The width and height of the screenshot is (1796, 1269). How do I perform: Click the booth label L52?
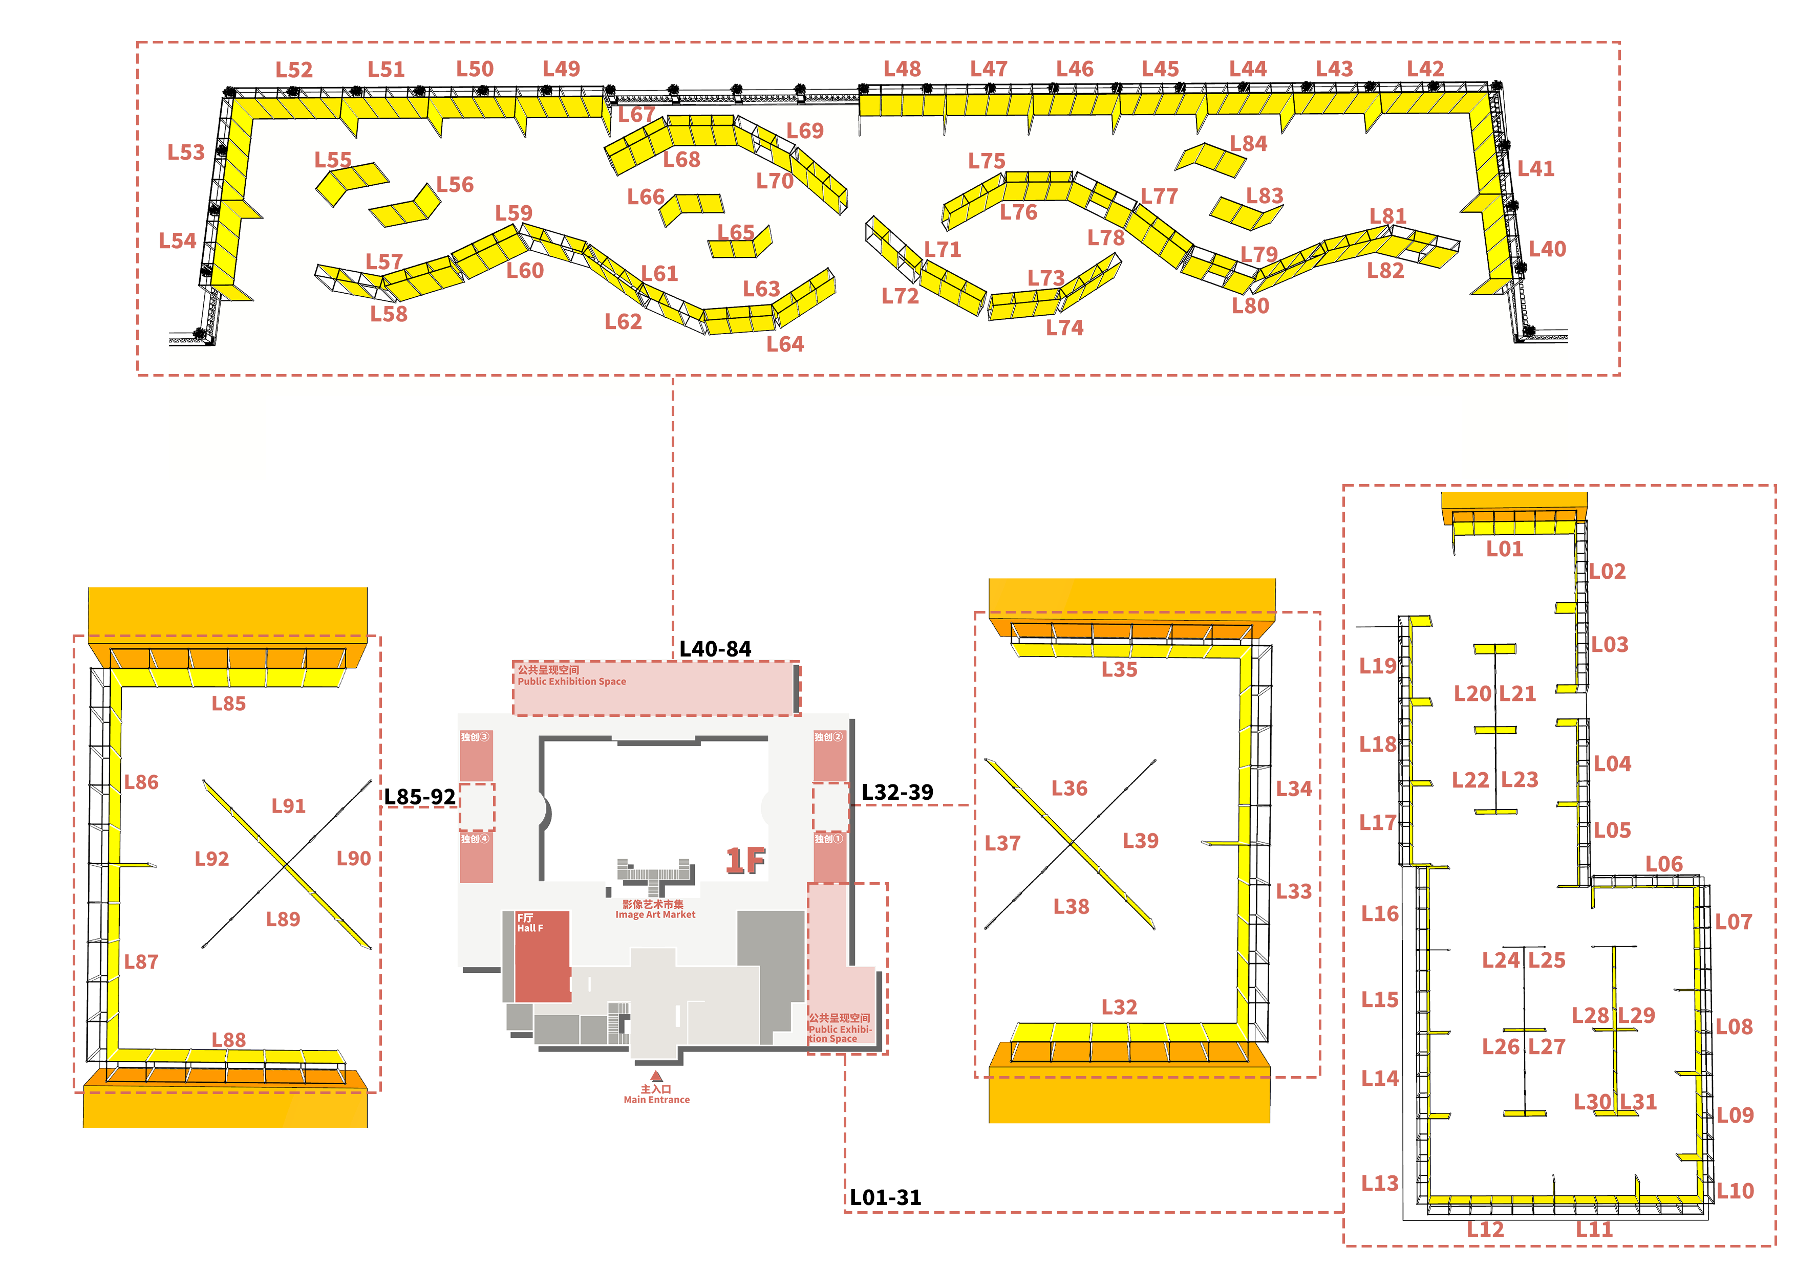click(x=294, y=70)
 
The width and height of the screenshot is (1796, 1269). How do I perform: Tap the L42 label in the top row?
click(x=1425, y=69)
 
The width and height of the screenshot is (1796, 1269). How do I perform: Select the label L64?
click(x=784, y=344)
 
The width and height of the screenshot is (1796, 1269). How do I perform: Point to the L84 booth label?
click(x=1248, y=144)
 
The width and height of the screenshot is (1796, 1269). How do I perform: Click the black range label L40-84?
click(x=715, y=649)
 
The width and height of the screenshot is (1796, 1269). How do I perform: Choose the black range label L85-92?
click(x=419, y=797)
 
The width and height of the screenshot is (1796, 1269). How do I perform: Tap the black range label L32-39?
click(x=897, y=792)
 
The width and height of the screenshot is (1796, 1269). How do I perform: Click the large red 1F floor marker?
click(x=745, y=860)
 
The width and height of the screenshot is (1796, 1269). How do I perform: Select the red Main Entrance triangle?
click(x=656, y=1077)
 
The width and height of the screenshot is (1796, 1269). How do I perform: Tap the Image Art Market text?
click(x=655, y=915)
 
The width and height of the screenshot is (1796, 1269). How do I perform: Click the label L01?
click(x=1504, y=549)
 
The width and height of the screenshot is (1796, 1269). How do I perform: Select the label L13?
click(x=1379, y=1183)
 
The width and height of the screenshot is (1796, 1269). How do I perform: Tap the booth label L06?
click(x=1664, y=864)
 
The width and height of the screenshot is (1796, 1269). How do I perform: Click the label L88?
click(x=228, y=1040)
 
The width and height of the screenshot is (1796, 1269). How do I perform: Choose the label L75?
click(x=987, y=161)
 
